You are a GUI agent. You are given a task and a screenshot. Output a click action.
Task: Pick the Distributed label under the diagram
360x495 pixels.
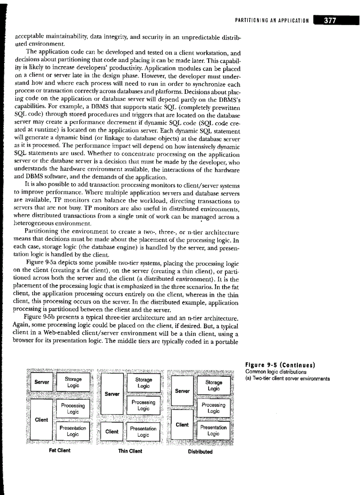pyautogui.click(x=200, y=451)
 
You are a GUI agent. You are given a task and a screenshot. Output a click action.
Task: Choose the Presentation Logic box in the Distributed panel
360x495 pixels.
pyautogui.click(x=214, y=430)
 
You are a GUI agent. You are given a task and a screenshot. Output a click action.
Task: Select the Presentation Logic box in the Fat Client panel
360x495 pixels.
pyautogui.click(x=73, y=430)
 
